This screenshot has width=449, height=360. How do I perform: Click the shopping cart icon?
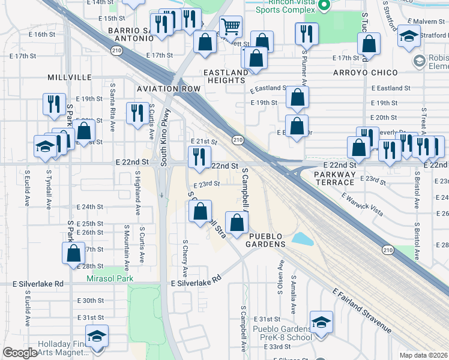point(231,26)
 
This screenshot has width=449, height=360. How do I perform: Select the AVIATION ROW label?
point(168,89)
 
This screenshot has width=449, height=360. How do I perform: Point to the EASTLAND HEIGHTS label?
point(226,77)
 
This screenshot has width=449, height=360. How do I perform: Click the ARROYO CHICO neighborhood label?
point(366,73)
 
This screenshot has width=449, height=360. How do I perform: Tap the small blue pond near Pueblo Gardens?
point(303,238)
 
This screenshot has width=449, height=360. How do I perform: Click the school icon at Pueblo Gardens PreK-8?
point(321,322)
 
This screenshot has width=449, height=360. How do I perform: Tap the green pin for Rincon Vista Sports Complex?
point(325,6)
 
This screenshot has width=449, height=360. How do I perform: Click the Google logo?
point(20,353)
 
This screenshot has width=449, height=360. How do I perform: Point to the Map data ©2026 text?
point(423,355)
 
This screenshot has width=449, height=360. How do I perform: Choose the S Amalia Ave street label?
point(294,295)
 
